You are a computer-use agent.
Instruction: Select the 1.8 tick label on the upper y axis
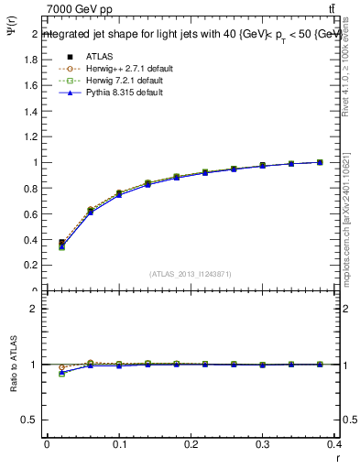tap(31, 60)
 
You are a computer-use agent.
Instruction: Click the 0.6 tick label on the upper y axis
tap(31, 213)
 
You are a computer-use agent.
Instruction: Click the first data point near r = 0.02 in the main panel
tap(61, 244)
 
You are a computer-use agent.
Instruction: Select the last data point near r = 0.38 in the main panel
tap(320, 162)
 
